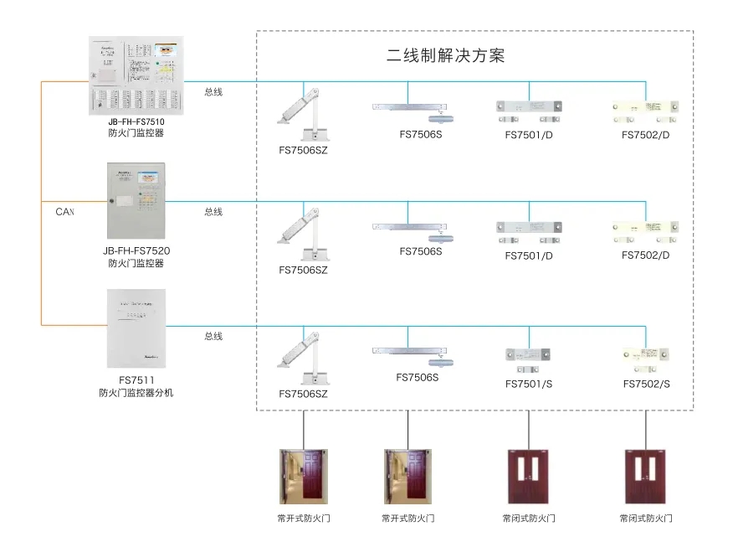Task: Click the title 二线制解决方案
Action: point(445,57)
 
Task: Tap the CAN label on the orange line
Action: point(65,212)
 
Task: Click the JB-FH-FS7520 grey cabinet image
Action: point(136,200)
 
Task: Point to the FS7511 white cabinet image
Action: point(136,328)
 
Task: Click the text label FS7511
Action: point(136,380)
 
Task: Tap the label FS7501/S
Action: point(529,385)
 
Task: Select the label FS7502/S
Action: point(646,385)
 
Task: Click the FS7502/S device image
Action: point(646,359)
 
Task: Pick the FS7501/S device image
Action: point(529,359)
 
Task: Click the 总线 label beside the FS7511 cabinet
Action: point(213,337)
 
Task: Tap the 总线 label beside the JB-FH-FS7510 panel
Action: point(213,92)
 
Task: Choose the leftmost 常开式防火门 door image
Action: point(303,477)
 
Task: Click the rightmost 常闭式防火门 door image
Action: point(646,477)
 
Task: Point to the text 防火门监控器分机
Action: point(136,393)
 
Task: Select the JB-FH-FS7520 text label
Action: point(136,250)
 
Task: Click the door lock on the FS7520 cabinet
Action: point(111,201)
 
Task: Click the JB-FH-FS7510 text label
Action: point(136,121)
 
